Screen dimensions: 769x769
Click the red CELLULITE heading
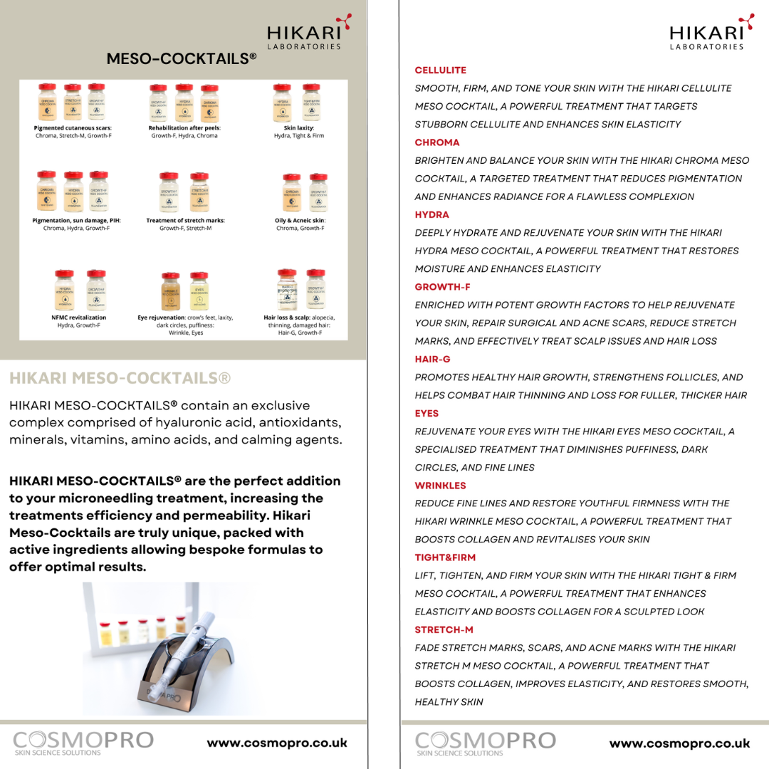(x=440, y=70)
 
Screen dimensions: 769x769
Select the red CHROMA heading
(x=437, y=142)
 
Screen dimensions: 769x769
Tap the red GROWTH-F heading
(x=442, y=287)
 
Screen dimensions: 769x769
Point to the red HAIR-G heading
(x=432, y=360)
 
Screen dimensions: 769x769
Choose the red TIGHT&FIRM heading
(x=445, y=558)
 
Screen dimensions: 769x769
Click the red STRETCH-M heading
(x=444, y=630)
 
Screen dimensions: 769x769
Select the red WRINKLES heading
(x=440, y=486)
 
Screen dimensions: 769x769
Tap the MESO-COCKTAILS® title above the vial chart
(x=182, y=59)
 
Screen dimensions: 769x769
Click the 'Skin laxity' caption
(x=298, y=128)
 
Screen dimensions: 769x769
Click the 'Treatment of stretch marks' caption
(x=185, y=221)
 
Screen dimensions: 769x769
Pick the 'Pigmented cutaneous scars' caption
(x=73, y=128)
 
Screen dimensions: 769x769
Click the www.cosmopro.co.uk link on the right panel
(x=679, y=743)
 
